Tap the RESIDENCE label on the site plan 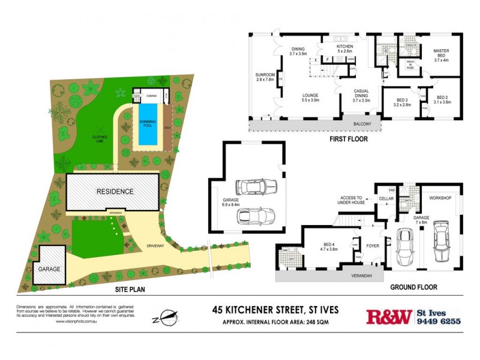(115, 191)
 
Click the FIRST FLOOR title (349, 139)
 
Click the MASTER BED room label (441, 55)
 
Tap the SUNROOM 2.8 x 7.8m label (265, 77)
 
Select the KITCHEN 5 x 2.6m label (344, 49)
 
